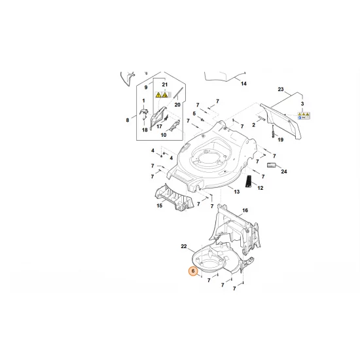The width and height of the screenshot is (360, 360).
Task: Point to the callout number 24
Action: click(284, 172)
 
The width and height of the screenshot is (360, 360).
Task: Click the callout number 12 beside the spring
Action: click(260, 188)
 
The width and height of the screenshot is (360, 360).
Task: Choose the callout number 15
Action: click(158, 206)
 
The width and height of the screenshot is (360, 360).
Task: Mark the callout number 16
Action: click(245, 211)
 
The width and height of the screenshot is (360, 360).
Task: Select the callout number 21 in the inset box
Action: click(165, 86)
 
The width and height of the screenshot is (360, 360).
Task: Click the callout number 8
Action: click(128, 120)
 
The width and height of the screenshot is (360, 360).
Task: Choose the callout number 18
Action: click(145, 131)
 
